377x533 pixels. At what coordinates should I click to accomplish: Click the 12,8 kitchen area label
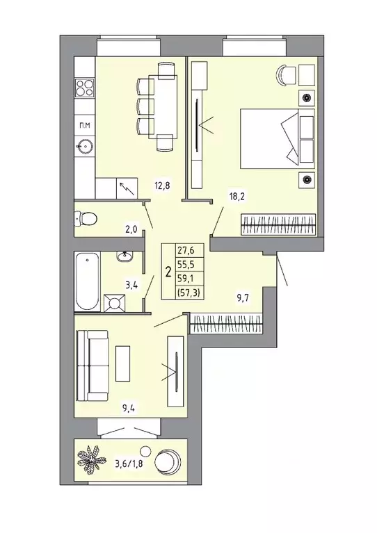pyautogui.click(x=162, y=186)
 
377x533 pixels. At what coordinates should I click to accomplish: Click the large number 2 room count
pyautogui.click(x=168, y=272)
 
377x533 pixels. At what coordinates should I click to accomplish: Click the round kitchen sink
pyautogui.click(x=85, y=146)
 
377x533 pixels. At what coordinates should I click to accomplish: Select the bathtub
pyautogui.click(x=86, y=281)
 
